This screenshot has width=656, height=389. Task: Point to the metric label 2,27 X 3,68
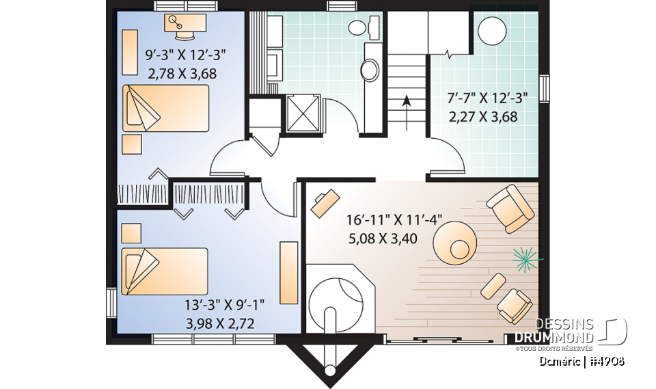pos(482,116)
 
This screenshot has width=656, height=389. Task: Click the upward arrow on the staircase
pos(407,106)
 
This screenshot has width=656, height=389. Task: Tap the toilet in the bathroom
pos(361,27)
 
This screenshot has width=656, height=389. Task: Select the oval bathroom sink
pos(370,68)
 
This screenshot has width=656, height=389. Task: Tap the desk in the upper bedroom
pos(185,25)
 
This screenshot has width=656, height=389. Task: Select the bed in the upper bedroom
pos(165,108)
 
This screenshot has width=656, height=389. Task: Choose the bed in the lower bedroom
pos(164,271)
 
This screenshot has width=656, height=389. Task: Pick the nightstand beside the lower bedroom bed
pos(131,233)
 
